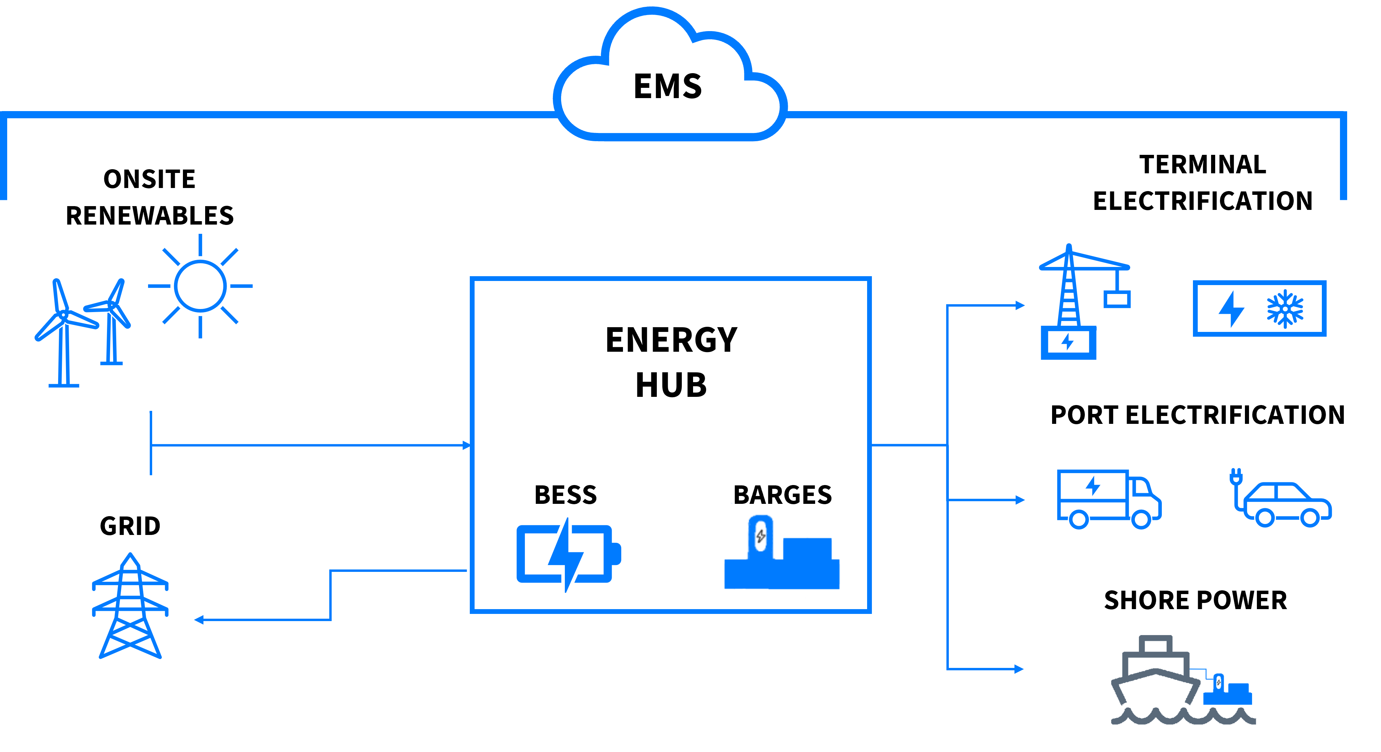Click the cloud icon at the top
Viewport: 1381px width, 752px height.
(670, 80)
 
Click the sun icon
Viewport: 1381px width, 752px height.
(200, 286)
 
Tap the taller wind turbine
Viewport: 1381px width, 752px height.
(64, 332)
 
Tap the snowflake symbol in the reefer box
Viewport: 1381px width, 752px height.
(1285, 309)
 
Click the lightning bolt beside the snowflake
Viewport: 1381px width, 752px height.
(1232, 309)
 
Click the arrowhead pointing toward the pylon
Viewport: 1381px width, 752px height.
(198, 620)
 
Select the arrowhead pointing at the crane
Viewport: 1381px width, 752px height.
(1020, 306)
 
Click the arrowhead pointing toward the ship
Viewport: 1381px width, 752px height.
(1020, 669)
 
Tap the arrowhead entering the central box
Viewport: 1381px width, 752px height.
(466, 445)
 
